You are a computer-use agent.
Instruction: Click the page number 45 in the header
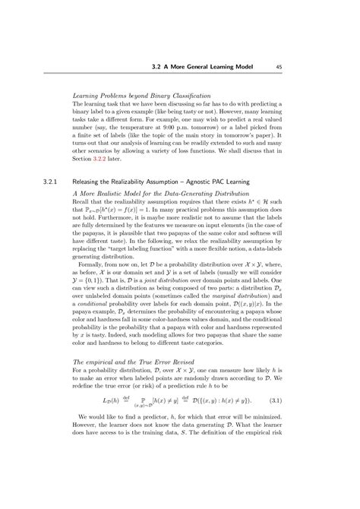279,67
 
